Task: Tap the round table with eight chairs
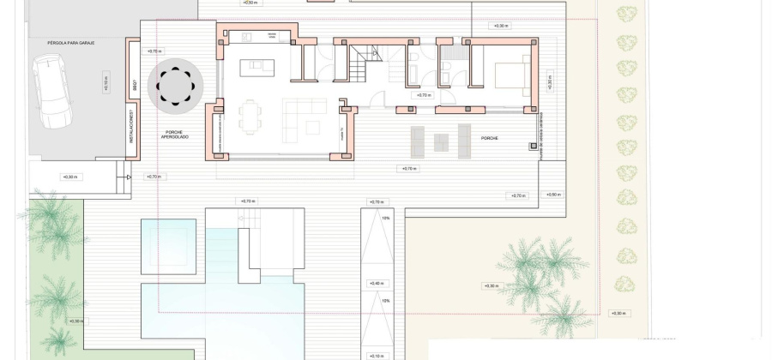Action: tap(175, 86)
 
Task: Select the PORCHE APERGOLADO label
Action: tap(175, 135)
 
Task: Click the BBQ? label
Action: tap(135, 86)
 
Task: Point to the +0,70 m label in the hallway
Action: tap(423, 95)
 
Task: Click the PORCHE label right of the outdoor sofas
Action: tap(490, 137)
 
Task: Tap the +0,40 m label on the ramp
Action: tap(376, 283)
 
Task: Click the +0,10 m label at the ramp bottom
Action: tap(376, 355)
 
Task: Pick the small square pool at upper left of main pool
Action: tap(168, 246)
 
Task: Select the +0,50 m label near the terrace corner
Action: tap(552, 195)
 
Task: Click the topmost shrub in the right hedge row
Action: tap(628, 15)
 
